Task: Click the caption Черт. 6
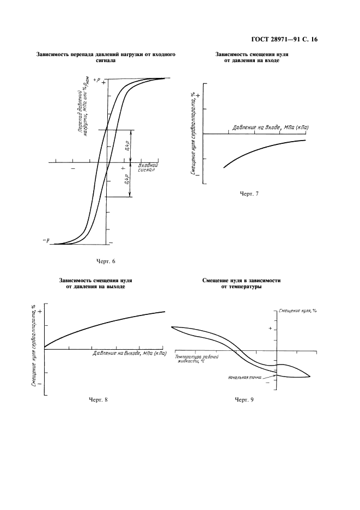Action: pyautogui.click(x=106, y=260)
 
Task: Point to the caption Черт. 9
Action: pyautogui.click(x=243, y=400)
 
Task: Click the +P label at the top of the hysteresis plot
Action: pyautogui.click(x=97, y=80)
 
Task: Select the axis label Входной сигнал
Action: pyautogui.click(x=148, y=167)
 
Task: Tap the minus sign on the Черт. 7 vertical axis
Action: pyautogui.click(x=197, y=175)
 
